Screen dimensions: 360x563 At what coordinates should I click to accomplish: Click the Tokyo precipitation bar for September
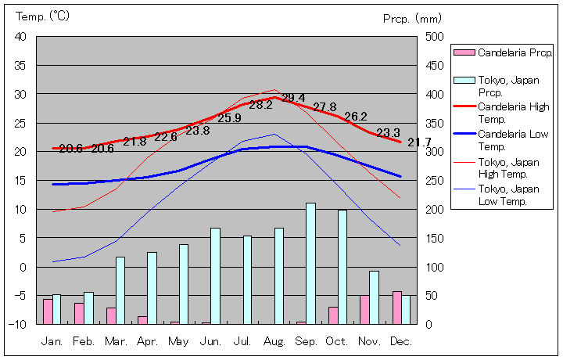pyautogui.click(x=310, y=263)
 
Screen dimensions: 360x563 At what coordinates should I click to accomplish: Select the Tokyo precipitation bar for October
pyautogui.click(x=342, y=266)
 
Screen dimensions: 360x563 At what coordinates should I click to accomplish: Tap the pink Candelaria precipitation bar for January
pyautogui.click(x=48, y=311)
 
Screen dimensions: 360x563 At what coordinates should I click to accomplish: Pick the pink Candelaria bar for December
pyautogui.click(x=397, y=307)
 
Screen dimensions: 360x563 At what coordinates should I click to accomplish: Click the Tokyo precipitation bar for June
pyautogui.click(x=215, y=275)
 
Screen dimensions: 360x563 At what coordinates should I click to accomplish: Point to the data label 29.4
pyautogui.click(x=293, y=98)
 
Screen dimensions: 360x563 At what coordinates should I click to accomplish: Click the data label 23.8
pyautogui.click(x=197, y=130)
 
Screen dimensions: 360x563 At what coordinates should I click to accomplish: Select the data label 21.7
pyautogui.click(x=419, y=142)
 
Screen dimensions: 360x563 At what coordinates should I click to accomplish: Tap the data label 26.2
pyautogui.click(x=355, y=117)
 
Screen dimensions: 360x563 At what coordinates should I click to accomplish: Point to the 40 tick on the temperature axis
pyautogui.click(x=20, y=37)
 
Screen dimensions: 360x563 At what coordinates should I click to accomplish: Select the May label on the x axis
pyautogui.click(x=179, y=341)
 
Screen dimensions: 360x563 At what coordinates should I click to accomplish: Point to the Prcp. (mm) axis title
pyautogui.click(x=413, y=17)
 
